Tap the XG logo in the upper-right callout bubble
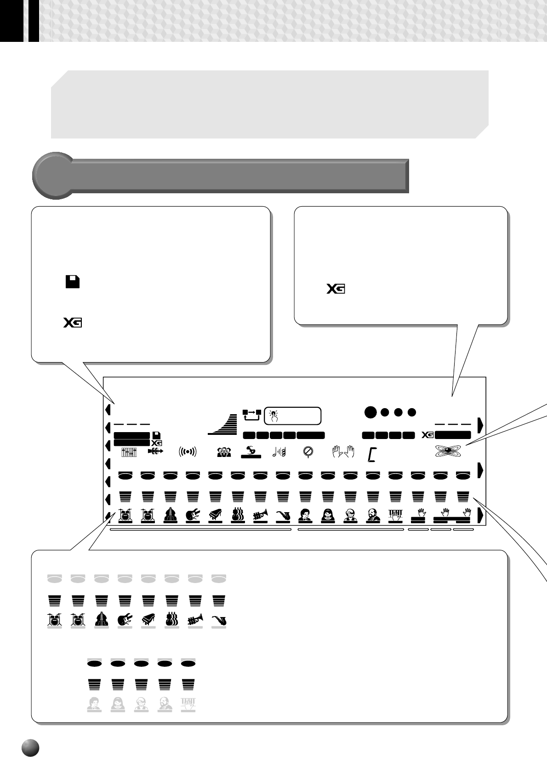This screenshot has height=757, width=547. tap(336, 289)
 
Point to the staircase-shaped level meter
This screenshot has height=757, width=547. tap(223, 424)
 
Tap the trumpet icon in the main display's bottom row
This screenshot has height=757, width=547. tap(260, 515)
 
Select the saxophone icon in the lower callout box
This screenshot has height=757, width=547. tap(219, 620)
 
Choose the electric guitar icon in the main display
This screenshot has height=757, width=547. tap(193, 515)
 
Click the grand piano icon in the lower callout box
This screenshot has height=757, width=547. tap(148, 620)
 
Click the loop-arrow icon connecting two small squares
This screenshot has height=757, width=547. tap(252, 415)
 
